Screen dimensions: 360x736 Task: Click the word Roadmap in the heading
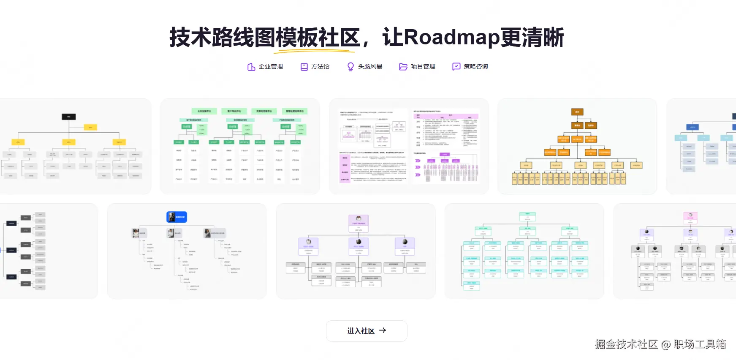[452, 37]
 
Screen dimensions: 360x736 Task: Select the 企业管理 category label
[271, 67]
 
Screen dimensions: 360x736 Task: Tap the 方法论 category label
[320, 67]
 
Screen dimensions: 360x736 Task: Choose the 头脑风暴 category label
[370, 67]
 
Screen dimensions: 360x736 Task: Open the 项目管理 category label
[423, 67]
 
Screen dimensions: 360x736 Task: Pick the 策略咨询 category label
[475, 67]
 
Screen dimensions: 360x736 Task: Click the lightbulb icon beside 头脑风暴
[350, 67]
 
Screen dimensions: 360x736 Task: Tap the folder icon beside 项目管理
[403, 67]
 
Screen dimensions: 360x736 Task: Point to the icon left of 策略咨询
[456, 67]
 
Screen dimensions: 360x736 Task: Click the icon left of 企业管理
[251, 67]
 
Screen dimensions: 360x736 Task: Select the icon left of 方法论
[304, 67]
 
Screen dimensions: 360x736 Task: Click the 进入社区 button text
[361, 331]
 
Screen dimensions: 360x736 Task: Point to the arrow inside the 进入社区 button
[383, 330]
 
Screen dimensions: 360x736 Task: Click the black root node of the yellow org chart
[69, 117]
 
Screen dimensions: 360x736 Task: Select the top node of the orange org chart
[577, 112]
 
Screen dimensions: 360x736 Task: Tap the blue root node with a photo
[177, 217]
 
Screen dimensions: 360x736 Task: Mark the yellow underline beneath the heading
[314, 52]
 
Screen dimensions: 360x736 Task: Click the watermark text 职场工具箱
[700, 344]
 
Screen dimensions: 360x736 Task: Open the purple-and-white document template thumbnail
[409, 146]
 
